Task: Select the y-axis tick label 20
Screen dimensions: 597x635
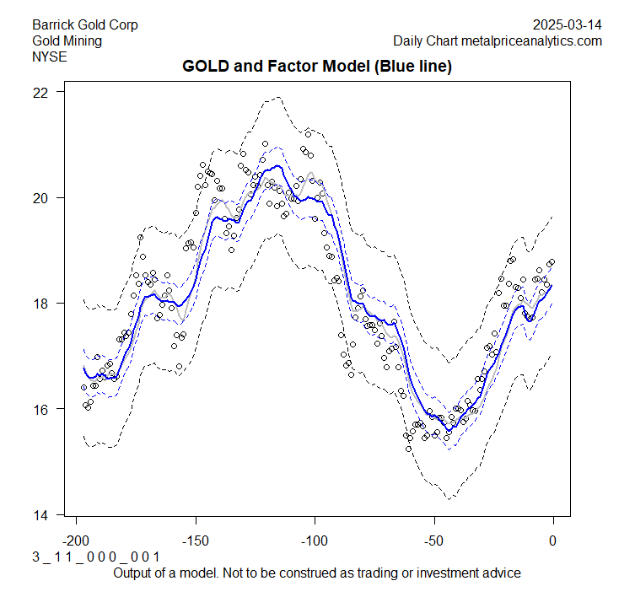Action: point(40,197)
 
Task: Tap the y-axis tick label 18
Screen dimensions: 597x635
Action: point(40,304)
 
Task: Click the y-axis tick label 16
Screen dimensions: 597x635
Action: point(40,409)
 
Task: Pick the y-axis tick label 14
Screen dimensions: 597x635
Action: point(40,515)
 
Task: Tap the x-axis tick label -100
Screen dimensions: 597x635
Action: point(315,540)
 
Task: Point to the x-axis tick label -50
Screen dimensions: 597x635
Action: point(434,540)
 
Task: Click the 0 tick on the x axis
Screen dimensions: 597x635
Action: point(553,540)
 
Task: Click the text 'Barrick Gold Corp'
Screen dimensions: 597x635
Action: point(85,25)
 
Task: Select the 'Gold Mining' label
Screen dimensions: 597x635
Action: point(67,40)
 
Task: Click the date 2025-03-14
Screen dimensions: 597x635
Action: point(568,25)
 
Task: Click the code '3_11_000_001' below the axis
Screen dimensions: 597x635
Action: point(95,557)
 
